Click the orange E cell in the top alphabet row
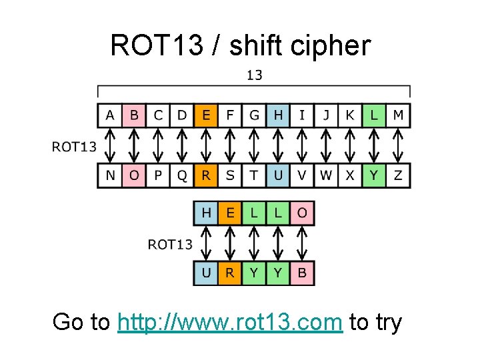[206, 115]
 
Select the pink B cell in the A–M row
[134, 115]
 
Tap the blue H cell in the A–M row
[278, 115]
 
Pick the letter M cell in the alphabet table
[398, 115]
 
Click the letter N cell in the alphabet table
[110, 175]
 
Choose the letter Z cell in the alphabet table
[398, 175]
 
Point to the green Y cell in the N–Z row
[374, 175]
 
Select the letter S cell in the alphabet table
[230, 175]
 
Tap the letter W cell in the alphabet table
[326, 175]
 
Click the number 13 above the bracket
[254, 75]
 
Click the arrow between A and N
[110, 145]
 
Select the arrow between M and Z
[398, 145]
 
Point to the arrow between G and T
[254, 145]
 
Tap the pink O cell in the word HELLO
[302, 213]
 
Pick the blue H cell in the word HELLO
[206, 213]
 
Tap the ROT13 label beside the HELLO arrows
[169, 244]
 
